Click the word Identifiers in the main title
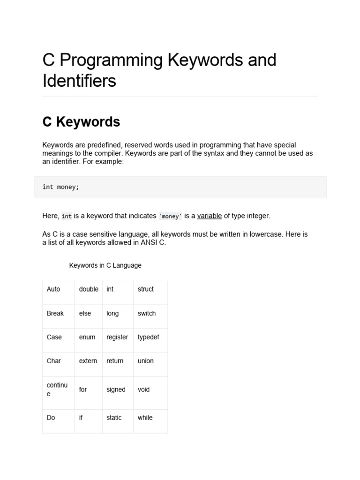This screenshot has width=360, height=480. pos(79,81)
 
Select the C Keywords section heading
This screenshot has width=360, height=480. pos(81,122)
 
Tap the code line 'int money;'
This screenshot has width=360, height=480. pos(61,187)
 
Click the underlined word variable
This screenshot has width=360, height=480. pos(209,216)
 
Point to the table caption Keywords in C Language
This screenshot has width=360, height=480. pos(105,265)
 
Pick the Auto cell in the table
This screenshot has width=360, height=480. pos(53,289)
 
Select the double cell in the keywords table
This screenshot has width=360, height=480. pos(89,289)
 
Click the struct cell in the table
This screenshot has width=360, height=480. pos(146,289)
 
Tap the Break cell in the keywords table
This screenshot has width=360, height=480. pos(55,313)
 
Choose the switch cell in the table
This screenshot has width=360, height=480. pos(147,313)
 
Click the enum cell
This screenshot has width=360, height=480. pos(87,337)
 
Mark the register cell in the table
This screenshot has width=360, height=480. pos(117,337)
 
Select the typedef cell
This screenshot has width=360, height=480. pos(149,337)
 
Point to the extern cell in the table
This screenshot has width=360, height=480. pos(88,361)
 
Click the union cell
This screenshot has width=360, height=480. pos(146,361)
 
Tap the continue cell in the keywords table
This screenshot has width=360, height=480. pos(57,390)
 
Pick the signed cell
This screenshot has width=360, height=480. pos(116,390)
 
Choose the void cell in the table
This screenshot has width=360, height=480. pos(144,390)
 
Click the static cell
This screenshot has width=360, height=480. pos(114,418)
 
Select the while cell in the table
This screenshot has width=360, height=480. pos(145,418)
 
